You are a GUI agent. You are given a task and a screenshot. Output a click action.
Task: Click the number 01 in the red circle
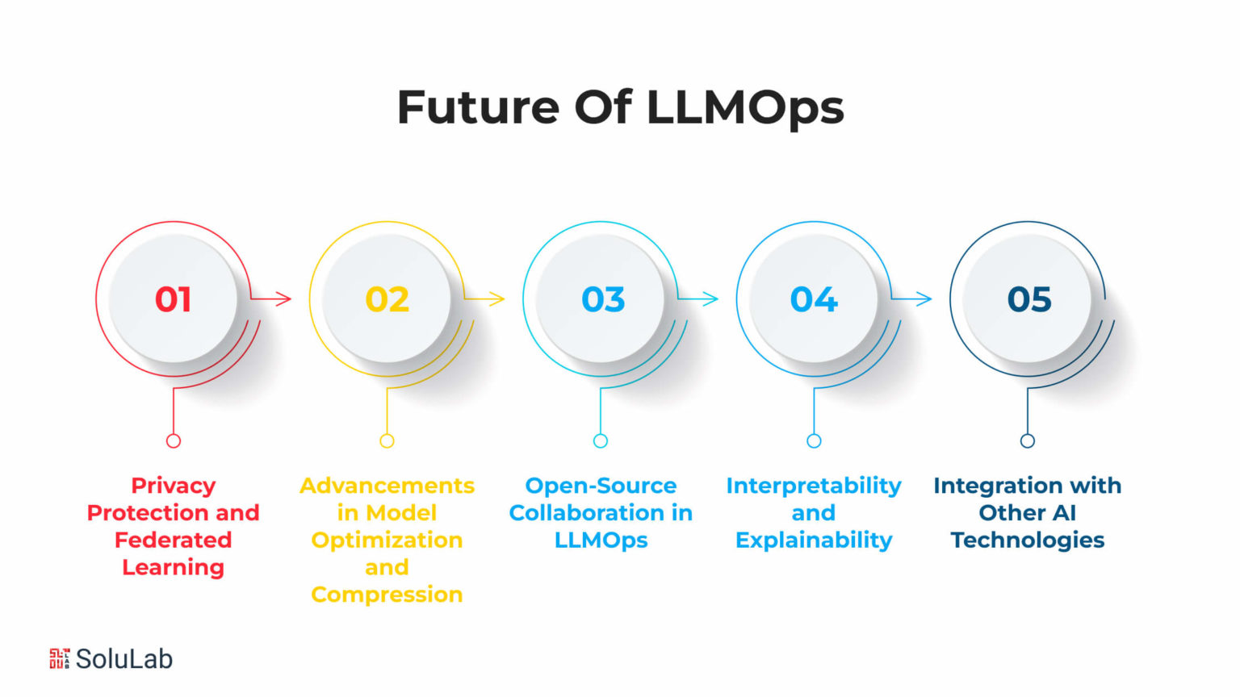[174, 299]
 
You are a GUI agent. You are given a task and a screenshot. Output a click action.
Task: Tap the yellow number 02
[387, 299]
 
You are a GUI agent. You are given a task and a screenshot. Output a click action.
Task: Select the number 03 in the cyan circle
[603, 299]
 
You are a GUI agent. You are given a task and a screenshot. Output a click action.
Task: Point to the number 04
[814, 299]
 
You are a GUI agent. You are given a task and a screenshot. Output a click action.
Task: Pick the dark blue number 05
[1029, 299]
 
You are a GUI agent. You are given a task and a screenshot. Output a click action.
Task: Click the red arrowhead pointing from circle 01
[284, 298]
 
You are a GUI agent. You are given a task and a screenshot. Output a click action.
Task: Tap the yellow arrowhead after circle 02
[498, 298]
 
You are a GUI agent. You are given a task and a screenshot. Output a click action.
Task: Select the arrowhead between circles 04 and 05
[925, 298]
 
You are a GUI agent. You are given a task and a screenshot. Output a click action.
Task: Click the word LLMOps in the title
[745, 108]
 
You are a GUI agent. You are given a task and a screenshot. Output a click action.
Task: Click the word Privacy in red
[174, 486]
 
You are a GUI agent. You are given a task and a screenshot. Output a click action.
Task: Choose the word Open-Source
[601, 486]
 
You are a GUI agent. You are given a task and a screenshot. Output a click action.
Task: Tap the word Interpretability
[814, 486]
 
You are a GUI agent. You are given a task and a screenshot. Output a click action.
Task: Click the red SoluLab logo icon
[59, 659]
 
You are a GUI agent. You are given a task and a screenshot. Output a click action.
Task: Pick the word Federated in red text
[174, 540]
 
